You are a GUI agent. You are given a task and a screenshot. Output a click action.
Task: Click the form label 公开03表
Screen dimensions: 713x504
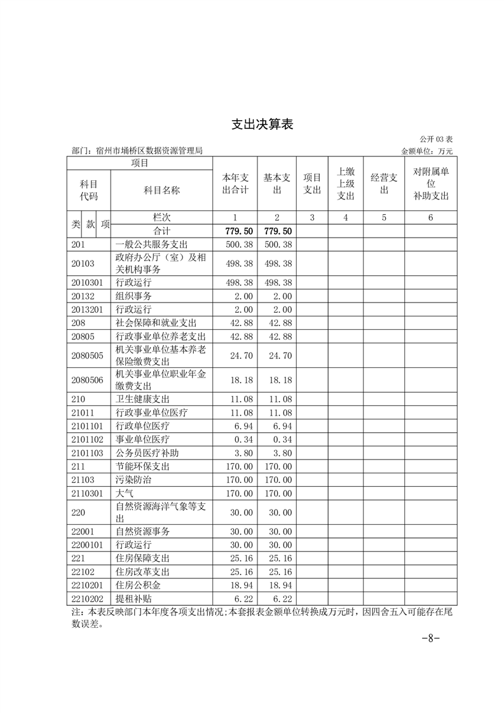pyautogui.click(x=436, y=139)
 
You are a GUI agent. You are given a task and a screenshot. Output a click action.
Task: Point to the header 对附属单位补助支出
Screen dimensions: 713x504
pyautogui.click(x=430, y=184)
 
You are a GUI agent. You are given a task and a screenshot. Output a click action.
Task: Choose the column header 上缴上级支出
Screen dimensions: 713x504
pyautogui.click(x=346, y=184)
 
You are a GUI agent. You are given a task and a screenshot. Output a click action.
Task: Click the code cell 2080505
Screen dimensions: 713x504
pyautogui.click(x=88, y=355)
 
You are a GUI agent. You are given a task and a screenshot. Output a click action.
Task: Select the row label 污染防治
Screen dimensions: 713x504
pyautogui.click(x=133, y=479)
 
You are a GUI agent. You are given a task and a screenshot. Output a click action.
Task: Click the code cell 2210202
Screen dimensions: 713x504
pyautogui.click(x=88, y=599)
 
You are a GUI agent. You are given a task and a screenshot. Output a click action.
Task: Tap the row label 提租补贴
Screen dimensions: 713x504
pyautogui.click(x=133, y=599)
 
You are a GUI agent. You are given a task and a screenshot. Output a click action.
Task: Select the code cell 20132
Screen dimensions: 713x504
pyautogui.click(x=83, y=295)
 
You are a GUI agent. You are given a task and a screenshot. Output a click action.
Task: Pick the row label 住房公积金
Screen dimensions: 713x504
pyautogui.click(x=138, y=585)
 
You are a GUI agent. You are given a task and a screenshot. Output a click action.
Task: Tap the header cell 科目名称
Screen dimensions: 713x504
pyautogui.click(x=162, y=190)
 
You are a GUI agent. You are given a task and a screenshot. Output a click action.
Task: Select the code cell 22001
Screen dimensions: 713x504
pyautogui.click(x=83, y=531)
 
